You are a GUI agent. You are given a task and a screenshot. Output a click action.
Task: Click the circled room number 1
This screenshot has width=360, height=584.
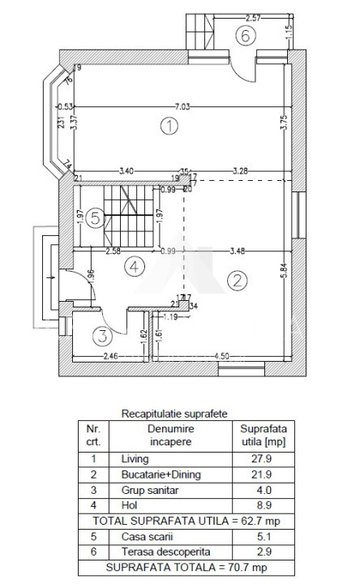pos(169,126)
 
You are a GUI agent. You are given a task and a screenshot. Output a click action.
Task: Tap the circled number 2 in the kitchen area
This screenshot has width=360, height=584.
pos(237,281)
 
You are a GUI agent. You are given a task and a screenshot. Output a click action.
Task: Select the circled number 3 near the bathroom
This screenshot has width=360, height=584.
pos(101,334)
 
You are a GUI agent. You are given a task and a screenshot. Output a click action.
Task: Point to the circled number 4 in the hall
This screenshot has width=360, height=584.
pos(135,264)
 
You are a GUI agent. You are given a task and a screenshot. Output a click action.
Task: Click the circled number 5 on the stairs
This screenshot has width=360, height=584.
pos(96,217)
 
